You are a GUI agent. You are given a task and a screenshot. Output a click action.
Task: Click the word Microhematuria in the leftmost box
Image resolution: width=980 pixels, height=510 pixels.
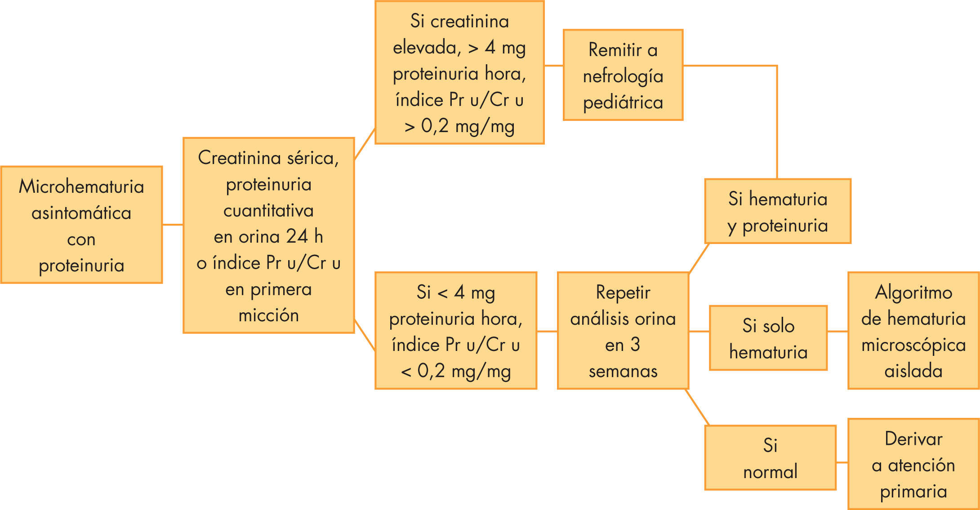click(x=81, y=186)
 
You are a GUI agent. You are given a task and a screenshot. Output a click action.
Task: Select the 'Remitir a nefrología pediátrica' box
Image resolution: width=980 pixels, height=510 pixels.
click(x=623, y=75)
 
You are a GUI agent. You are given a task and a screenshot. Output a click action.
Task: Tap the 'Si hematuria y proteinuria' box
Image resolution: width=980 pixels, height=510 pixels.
click(x=778, y=211)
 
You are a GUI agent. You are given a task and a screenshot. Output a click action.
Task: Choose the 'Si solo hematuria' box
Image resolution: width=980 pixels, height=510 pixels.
click(x=768, y=338)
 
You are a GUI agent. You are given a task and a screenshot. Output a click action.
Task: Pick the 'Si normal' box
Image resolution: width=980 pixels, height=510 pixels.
click(x=770, y=458)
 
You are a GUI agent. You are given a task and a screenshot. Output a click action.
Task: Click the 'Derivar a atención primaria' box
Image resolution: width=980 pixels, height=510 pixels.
click(x=913, y=464)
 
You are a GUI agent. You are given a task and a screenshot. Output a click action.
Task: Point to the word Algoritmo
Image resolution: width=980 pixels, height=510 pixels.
click(x=913, y=293)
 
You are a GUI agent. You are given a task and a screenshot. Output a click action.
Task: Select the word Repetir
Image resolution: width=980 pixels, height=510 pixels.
click(x=623, y=293)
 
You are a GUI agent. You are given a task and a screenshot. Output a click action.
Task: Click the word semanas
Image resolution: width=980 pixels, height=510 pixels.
click(x=623, y=371)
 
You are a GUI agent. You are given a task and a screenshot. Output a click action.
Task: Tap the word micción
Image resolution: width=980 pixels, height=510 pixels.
click(x=268, y=315)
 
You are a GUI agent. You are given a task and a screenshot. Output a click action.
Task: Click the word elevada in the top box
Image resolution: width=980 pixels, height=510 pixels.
click(x=427, y=47)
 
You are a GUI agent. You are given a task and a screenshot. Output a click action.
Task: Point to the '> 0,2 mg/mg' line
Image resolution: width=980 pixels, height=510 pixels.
click(x=459, y=126)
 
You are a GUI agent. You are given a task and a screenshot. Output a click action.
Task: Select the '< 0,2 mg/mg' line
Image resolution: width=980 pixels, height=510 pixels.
click(x=456, y=371)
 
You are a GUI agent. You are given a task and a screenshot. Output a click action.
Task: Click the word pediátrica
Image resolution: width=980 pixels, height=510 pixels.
click(x=623, y=103)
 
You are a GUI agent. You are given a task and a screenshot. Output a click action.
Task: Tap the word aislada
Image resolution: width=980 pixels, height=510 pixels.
click(x=913, y=371)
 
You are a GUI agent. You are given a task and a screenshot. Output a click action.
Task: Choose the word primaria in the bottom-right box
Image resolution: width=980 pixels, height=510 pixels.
click(x=913, y=492)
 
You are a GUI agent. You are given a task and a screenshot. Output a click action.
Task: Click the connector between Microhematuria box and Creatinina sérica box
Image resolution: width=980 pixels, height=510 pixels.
click(x=173, y=224)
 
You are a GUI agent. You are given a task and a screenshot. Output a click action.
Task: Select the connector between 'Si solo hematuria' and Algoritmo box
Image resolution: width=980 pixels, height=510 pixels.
click(x=837, y=332)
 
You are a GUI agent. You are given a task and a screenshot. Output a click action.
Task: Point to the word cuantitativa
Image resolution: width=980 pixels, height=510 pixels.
click(x=268, y=210)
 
